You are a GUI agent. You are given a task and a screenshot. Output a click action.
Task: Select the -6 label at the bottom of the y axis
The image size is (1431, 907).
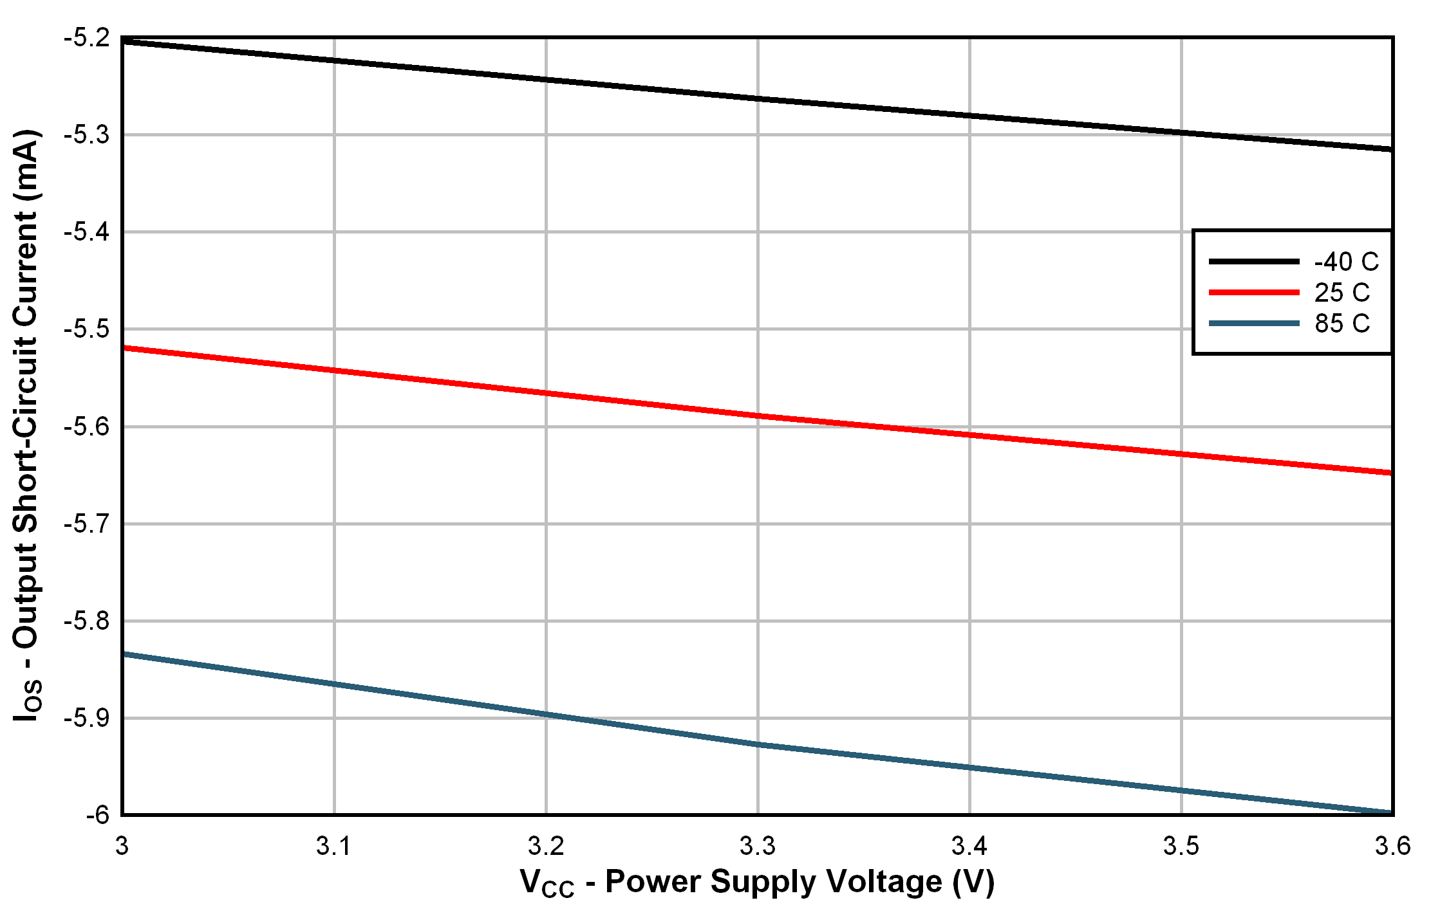pos(98,815)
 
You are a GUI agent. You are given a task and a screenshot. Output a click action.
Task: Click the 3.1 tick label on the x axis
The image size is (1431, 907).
pos(333,847)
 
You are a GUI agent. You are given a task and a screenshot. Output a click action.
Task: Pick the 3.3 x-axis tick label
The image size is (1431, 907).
pos(758,847)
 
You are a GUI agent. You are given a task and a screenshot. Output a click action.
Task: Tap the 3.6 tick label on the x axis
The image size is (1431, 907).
pos(1392,847)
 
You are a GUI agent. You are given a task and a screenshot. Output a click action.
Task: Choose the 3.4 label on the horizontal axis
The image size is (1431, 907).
pos(969,847)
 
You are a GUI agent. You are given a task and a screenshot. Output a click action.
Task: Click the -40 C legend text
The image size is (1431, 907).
pos(1346,262)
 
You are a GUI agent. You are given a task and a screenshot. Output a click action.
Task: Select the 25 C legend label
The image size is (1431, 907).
pos(1342,293)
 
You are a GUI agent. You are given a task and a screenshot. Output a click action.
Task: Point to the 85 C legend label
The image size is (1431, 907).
pos(1342,323)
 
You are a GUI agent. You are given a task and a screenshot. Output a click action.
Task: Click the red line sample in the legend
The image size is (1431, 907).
pos(1253,293)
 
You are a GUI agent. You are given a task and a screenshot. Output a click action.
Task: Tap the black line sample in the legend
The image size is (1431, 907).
pos(1253,262)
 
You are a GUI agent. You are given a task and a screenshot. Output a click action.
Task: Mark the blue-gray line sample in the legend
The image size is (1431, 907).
pos(1253,323)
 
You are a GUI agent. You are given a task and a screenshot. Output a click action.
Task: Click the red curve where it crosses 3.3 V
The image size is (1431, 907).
pos(758,416)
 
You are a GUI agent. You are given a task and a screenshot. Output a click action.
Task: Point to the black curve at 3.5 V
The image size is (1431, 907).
pos(1181,133)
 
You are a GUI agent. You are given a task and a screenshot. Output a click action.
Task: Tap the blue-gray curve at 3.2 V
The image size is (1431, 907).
pos(546,715)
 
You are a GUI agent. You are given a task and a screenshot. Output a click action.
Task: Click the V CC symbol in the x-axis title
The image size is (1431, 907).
pos(547,883)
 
